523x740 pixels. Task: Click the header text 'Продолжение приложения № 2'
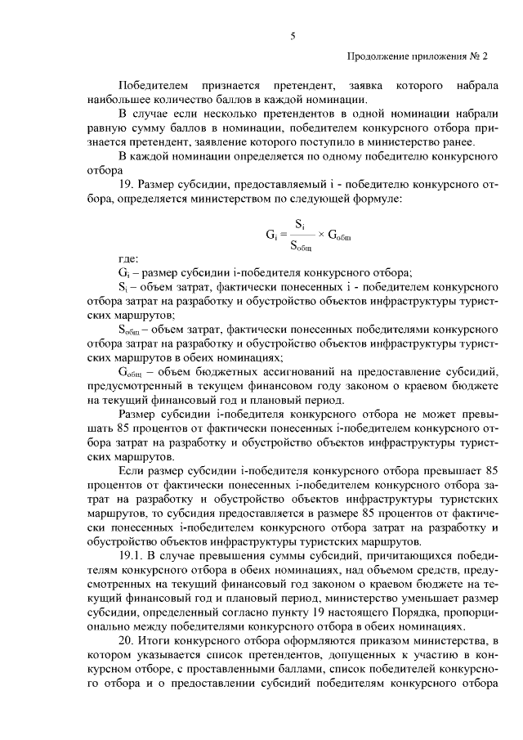[x=418, y=58]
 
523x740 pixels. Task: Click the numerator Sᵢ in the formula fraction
[x=299, y=223]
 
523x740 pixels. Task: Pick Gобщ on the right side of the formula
[x=342, y=235]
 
